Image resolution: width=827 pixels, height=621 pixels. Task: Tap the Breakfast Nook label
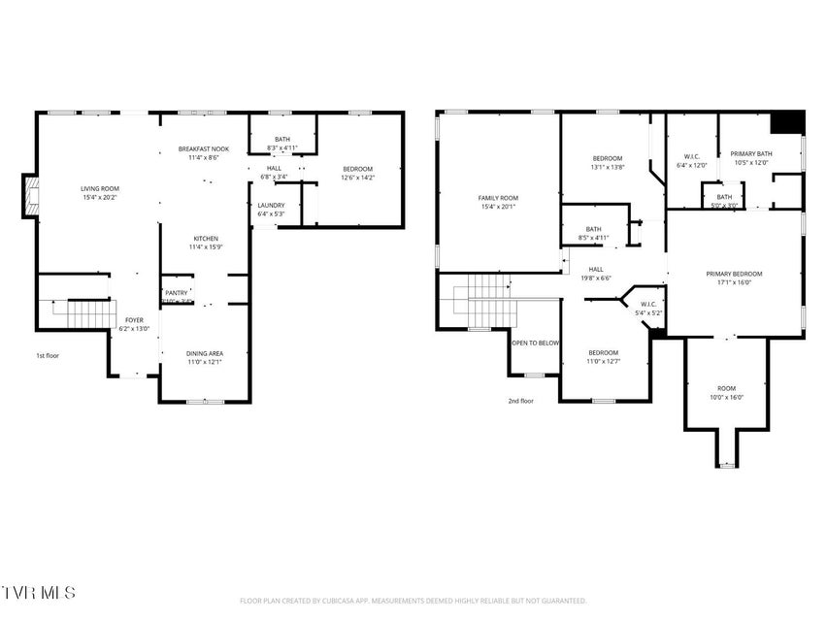coord(204,149)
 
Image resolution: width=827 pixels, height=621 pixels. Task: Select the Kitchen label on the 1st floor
coord(205,239)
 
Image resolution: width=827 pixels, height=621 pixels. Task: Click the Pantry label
coord(177,292)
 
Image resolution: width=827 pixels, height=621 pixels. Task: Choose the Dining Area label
coord(205,353)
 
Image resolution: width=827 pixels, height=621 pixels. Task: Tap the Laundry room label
coord(271,205)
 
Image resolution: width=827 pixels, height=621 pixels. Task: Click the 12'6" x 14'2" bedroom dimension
coord(356,178)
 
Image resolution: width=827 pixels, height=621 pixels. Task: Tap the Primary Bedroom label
coord(734,274)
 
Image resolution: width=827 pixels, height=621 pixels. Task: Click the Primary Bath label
coord(750,153)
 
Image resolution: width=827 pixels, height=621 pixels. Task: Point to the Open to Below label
coord(536,343)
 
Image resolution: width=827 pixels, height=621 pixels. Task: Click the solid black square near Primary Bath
coord(786,123)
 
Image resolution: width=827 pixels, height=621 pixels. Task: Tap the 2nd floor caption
coord(520,400)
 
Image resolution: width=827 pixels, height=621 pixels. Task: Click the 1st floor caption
coord(48,355)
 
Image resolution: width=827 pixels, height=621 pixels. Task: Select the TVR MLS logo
coord(38,591)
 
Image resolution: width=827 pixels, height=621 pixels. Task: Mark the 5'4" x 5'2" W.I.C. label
coord(648,310)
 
